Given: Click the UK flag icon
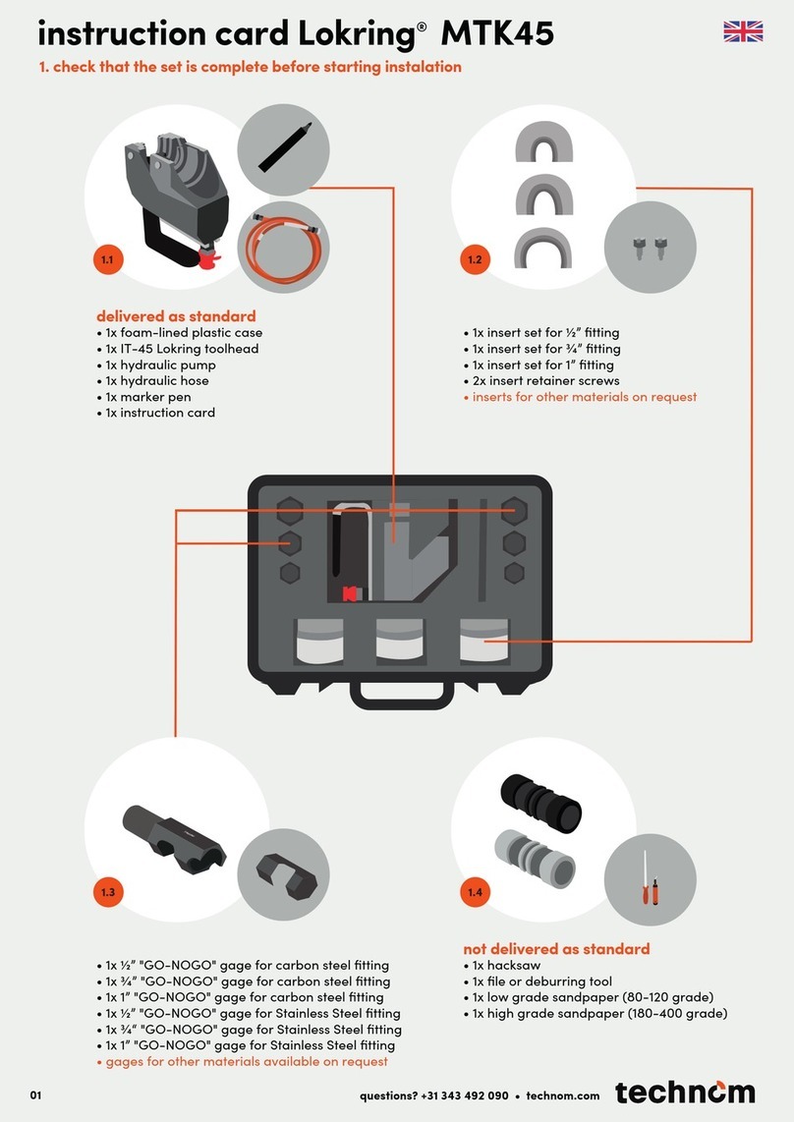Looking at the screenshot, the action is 743,31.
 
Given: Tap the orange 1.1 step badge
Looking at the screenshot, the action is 108,259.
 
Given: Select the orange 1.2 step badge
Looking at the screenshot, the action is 475,259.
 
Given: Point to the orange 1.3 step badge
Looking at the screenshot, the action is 108,891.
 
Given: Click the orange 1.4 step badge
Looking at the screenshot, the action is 475,891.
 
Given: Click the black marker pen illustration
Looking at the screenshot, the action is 284,147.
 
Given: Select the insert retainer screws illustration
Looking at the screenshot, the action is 651,248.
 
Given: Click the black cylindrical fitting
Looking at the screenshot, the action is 540,802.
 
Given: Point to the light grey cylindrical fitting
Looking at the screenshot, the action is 535,859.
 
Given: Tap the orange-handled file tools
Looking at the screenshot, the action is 651,879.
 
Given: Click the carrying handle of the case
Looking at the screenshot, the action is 402,696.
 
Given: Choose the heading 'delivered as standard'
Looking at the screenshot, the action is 176,315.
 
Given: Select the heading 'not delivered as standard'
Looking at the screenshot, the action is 556,949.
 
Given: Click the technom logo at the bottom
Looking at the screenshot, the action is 685,1092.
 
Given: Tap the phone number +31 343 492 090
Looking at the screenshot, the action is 465,1095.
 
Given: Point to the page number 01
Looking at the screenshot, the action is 35,1094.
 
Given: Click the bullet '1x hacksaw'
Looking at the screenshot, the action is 502,965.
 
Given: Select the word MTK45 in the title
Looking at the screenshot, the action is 497,33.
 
